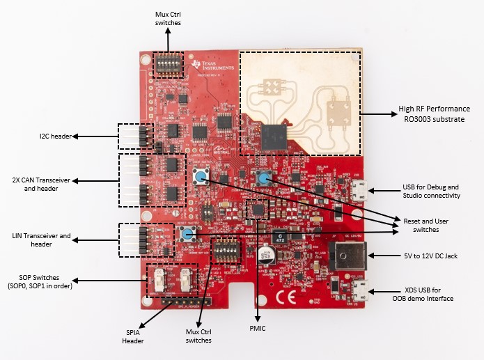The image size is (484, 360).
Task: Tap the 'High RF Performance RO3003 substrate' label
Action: (x=433, y=114)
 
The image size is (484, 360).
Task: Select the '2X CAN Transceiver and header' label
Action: (x=40, y=184)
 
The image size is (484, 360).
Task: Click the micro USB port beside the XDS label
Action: (x=361, y=290)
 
